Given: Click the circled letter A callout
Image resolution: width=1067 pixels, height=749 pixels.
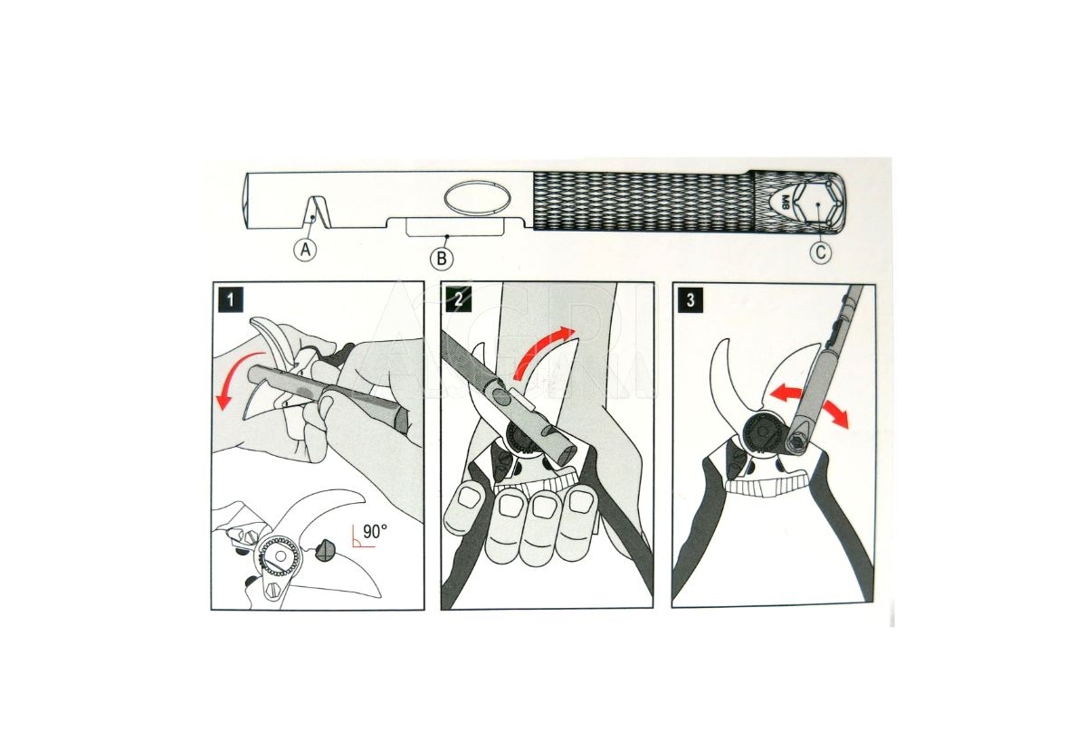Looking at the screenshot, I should pos(305,249).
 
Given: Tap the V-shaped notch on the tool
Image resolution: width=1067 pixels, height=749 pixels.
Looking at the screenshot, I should pos(313,211).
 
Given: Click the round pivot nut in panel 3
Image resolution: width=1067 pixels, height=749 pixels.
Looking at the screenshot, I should pos(762,432).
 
